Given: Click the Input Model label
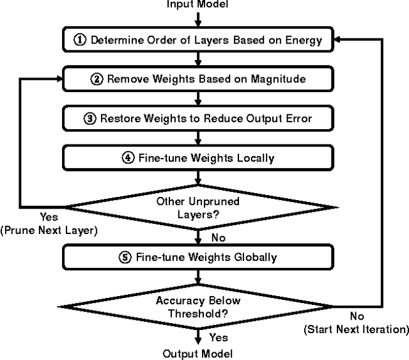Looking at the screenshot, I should click(x=197, y=4).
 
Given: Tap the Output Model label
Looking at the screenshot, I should click(x=197, y=354).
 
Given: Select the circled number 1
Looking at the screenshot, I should click(x=80, y=40).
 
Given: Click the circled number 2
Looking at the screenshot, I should click(x=97, y=79).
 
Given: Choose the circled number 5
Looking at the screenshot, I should click(x=125, y=257).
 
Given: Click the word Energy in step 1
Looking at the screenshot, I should click(x=301, y=40).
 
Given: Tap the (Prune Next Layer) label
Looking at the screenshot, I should click(x=49, y=230).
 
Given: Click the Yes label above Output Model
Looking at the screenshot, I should click(x=219, y=336).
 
